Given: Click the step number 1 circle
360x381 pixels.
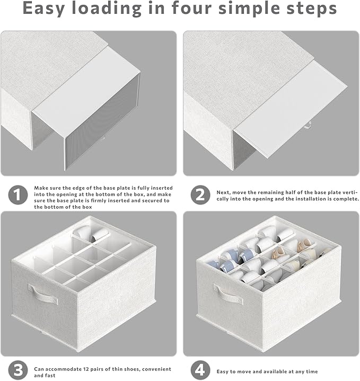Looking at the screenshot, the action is [18, 194].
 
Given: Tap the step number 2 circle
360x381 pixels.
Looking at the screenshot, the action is [200, 194].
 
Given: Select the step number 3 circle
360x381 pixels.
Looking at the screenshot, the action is [18, 370].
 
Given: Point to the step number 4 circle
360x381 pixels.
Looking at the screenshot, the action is [200, 370].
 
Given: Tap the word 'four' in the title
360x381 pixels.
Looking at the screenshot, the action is [192, 8].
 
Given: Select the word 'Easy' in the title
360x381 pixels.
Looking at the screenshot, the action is [44, 9].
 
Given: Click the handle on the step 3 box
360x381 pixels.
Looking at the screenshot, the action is [43, 294].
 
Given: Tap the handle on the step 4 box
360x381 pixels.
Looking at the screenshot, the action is [228, 294].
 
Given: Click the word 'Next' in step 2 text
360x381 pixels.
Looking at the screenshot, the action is [223, 192].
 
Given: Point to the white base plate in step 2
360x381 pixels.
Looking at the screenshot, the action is [290, 110].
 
